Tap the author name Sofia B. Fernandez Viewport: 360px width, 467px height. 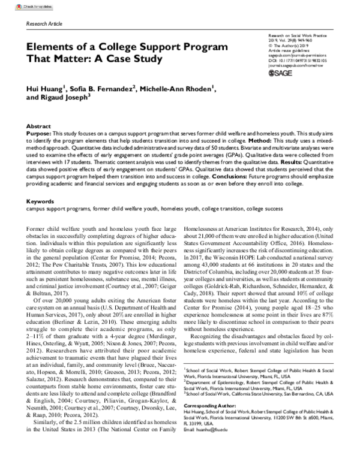pos(99,89)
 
